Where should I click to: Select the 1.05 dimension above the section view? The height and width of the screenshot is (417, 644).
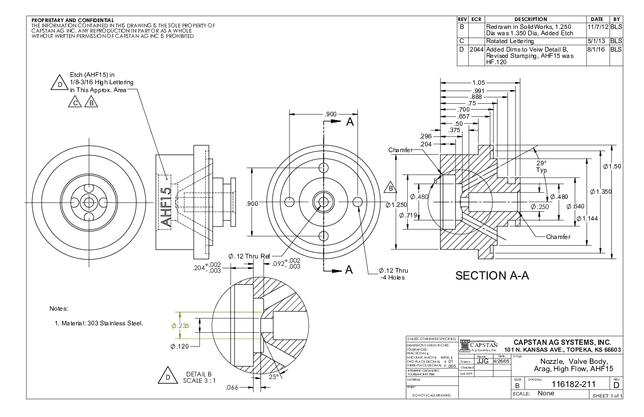pos(478,83)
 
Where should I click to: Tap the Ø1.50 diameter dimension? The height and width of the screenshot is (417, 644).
pos(612,166)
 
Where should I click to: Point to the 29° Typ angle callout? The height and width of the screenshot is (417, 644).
pos(541,167)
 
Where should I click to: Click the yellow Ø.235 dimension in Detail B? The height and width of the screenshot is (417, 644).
pos(180,325)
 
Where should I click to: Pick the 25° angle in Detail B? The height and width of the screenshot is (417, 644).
pos(274,377)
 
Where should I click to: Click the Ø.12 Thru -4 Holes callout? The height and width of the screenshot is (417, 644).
pos(393,274)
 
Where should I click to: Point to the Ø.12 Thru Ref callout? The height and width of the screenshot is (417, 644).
pos(249,256)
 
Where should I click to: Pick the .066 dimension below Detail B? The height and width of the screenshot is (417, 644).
pos(232,388)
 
